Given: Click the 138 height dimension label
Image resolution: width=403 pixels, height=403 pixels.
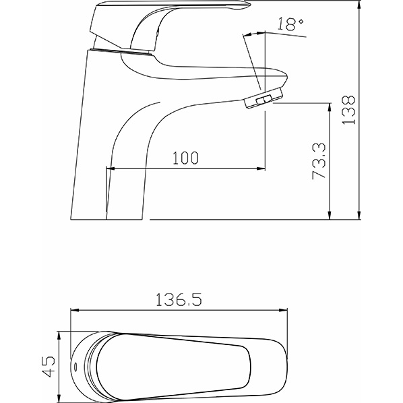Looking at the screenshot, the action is (x=349, y=110).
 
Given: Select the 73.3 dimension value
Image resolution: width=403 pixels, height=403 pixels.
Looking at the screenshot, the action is (x=319, y=161).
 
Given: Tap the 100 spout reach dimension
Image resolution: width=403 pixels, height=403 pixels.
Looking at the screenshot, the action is (x=185, y=158).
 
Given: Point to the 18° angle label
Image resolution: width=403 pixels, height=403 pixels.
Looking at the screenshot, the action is (x=290, y=24).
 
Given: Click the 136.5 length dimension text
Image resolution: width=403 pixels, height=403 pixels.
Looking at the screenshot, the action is (x=179, y=299).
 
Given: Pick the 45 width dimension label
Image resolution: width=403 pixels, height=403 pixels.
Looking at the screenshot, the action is (x=49, y=367).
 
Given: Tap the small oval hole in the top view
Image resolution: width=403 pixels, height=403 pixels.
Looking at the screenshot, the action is (x=75, y=367).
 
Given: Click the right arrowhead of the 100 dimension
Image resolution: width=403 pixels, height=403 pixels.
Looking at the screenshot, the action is (x=261, y=168).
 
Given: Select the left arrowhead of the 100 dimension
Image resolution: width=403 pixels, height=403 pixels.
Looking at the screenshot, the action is (x=111, y=168).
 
